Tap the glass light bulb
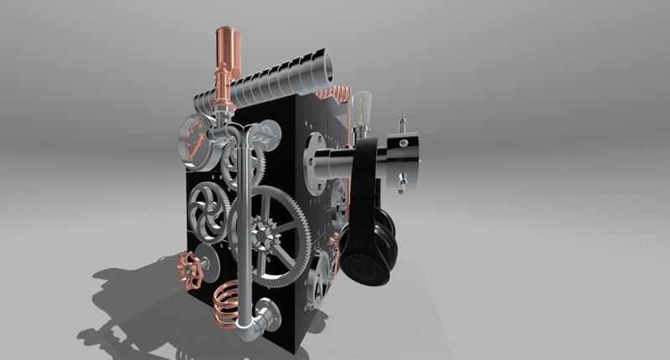pyautogui.click(x=363, y=109)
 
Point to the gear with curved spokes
pyautogui.click(x=204, y=211)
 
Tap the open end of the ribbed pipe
pyautogui.click(x=325, y=67)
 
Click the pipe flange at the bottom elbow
pyautogui.click(x=273, y=316)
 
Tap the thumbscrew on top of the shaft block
pyautogui.click(x=402, y=124)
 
